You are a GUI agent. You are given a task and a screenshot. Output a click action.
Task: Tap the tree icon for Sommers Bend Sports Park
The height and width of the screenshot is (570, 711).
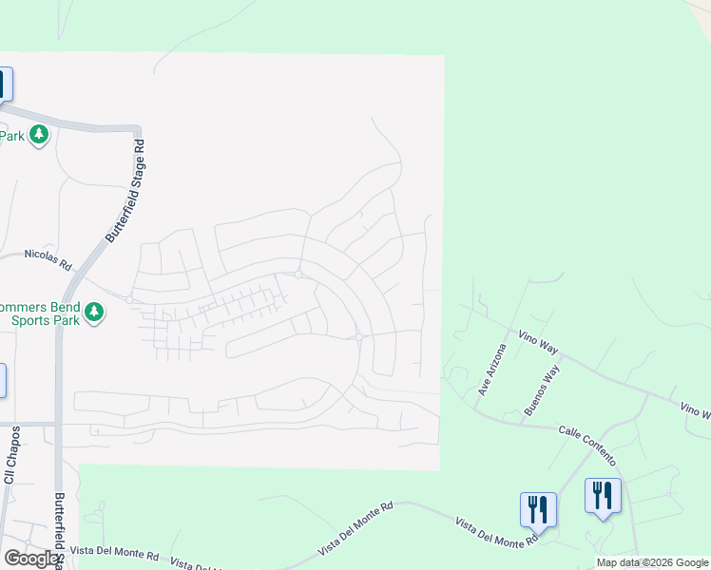click(x=93, y=313)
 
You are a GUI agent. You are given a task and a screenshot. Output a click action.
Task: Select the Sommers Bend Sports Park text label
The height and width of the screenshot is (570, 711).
click(x=42, y=313)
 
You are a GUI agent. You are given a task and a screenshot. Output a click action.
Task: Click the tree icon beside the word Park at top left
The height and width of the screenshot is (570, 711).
click(x=39, y=136)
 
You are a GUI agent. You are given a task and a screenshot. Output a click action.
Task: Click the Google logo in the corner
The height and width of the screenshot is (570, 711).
click(x=31, y=559)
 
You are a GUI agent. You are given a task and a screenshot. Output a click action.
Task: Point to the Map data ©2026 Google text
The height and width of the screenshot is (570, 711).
click(x=652, y=562)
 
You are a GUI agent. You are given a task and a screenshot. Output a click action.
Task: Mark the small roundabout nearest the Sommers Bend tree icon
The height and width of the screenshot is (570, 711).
click(x=129, y=300)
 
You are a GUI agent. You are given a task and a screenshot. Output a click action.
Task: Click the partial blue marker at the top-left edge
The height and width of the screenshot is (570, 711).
click(x=5, y=85)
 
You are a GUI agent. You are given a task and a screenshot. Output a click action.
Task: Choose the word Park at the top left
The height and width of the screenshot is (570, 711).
click(x=11, y=136)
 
